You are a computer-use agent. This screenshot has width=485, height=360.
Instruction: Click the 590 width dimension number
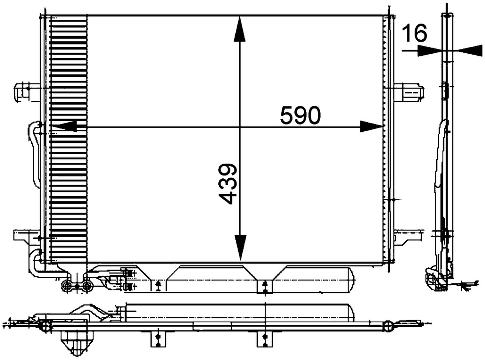tap(300, 116)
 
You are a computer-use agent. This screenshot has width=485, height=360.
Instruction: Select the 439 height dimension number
tap(229, 184)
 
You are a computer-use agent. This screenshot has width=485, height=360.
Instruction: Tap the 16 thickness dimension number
tap(414, 33)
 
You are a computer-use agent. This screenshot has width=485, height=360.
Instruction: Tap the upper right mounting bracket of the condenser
tap(408, 92)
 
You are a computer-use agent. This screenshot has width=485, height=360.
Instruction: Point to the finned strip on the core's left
tap(68, 138)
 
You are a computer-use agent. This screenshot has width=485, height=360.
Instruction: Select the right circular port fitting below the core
tap(87, 286)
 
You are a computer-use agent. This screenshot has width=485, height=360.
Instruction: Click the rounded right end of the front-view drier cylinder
tap(350, 281)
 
